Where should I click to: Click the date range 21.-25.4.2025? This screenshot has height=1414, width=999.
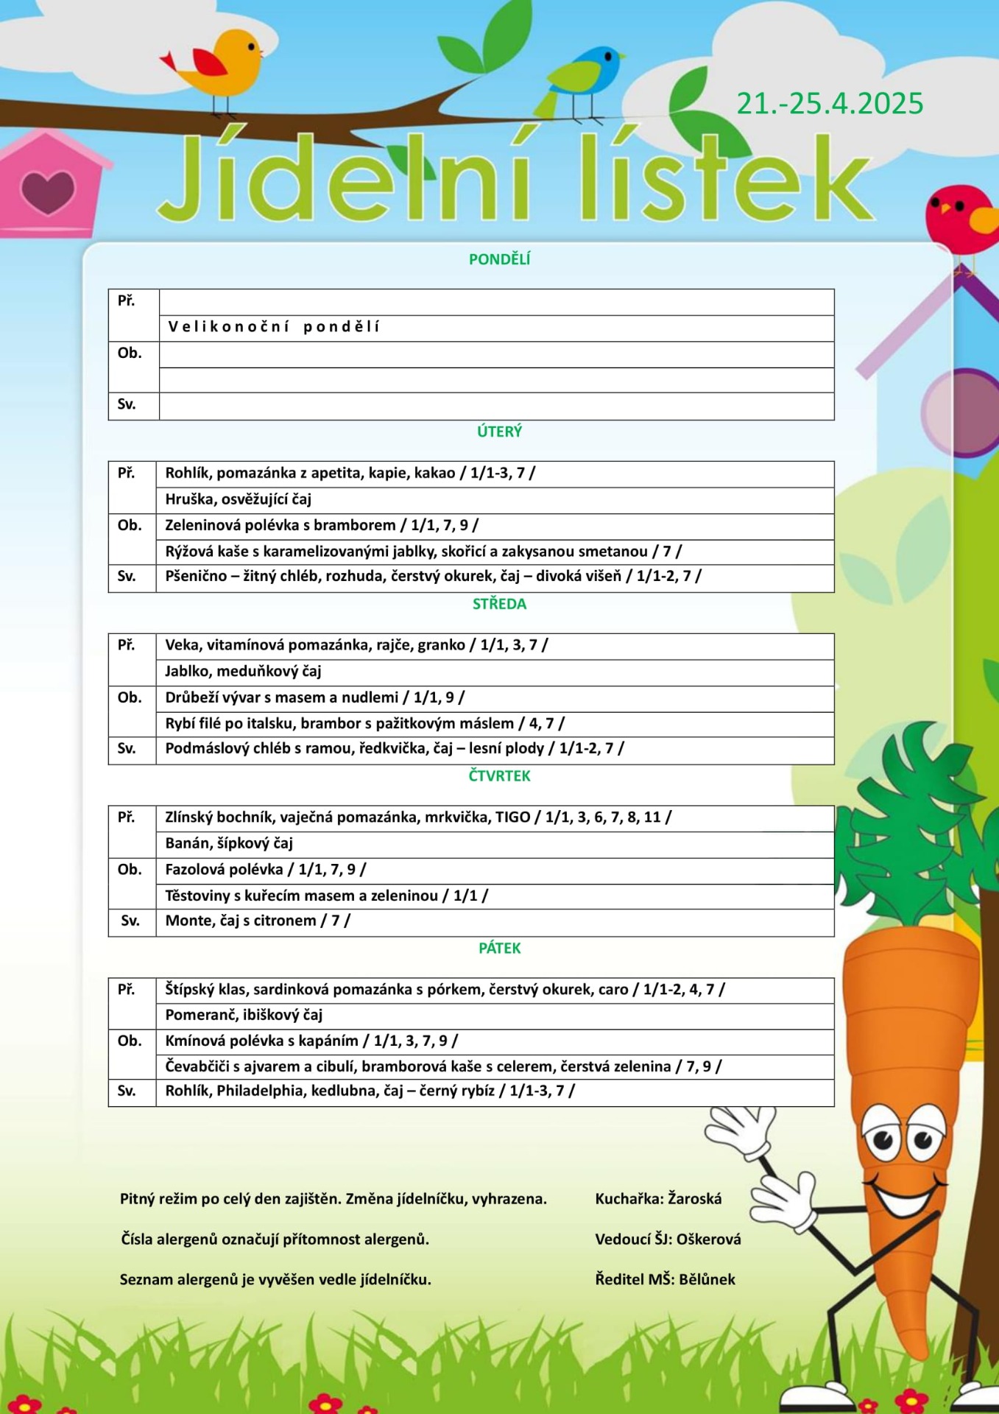pos(830,104)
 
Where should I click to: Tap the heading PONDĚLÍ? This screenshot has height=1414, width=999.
pos(499,259)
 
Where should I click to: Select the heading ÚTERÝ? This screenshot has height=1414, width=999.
pos(499,432)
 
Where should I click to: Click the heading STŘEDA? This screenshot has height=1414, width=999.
pos(499,604)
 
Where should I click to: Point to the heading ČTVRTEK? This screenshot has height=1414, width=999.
pos(499,775)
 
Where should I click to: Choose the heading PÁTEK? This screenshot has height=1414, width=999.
pos(499,948)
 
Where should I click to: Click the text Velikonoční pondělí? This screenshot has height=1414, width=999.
pos(274,327)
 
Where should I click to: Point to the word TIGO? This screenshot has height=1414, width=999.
pos(512,817)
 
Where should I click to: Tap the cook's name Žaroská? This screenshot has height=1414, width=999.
pos(695,1199)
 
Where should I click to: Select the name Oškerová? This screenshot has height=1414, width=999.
pos(708,1239)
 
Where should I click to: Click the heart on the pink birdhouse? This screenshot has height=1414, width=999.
pos(48,191)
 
